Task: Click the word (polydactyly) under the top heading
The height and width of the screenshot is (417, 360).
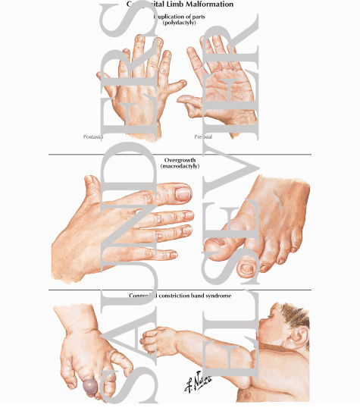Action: (180, 23)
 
